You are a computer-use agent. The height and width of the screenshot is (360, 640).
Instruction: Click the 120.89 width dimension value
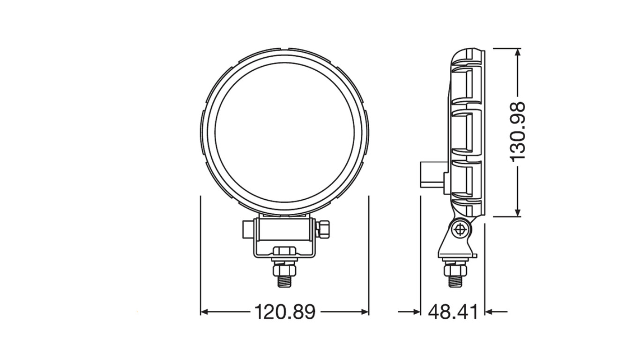click(x=285, y=312)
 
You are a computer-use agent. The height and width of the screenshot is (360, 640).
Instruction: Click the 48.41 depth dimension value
click(x=453, y=312)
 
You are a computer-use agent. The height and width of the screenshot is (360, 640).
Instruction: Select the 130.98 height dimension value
click(x=518, y=131)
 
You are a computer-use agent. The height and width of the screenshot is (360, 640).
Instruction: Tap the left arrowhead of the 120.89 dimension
click(x=204, y=312)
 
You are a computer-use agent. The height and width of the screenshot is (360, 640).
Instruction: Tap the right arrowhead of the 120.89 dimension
click(x=365, y=312)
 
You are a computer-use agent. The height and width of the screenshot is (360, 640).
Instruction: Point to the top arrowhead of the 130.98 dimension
click(x=518, y=52)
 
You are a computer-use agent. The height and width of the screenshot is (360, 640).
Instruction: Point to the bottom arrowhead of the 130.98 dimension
click(x=518, y=213)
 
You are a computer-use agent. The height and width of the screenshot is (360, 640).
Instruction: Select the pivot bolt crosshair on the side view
click(x=461, y=229)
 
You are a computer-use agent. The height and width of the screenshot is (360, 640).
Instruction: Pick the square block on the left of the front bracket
click(x=249, y=230)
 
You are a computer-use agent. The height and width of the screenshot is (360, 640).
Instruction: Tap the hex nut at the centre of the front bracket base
click(x=284, y=252)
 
